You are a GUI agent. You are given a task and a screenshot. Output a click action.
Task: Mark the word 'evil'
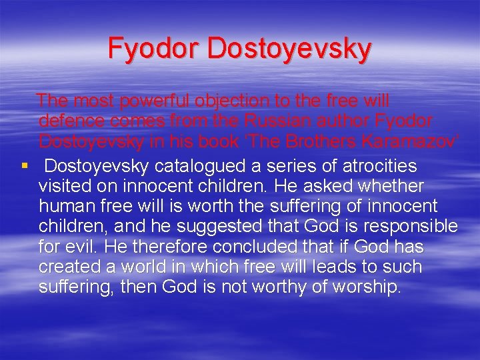click(x=84, y=247)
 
